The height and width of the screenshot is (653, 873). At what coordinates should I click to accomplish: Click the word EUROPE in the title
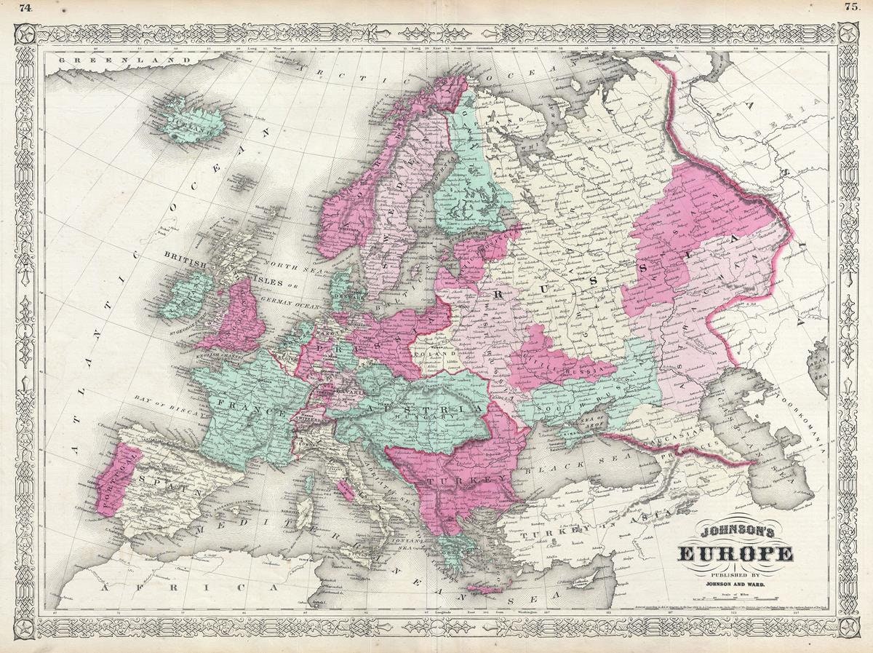coord(736,555)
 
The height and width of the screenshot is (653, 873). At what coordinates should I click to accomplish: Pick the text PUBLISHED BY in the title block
coord(736,571)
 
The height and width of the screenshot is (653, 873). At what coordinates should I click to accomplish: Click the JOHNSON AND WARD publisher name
coord(736,582)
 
